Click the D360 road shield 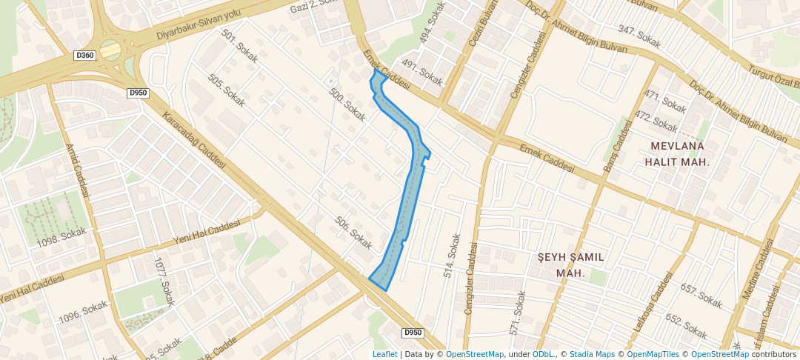point(85,56)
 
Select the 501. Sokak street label point(239,48)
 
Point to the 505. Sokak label point(226,90)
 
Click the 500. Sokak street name point(347,104)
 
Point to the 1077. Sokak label point(164,281)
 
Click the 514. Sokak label point(452,256)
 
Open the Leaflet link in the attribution point(384,354)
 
